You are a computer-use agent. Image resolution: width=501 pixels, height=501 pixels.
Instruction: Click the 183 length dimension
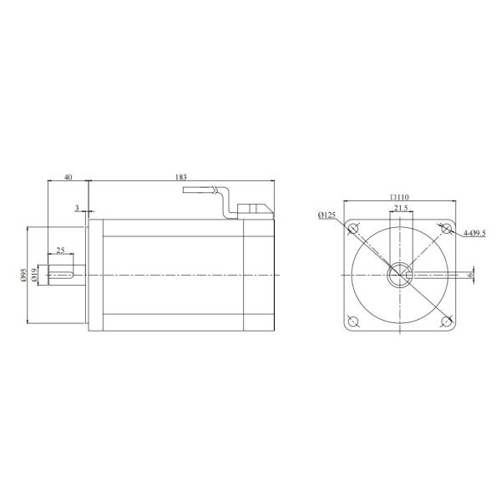click(x=181, y=176)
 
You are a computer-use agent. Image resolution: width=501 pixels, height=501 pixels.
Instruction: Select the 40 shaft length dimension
click(x=68, y=176)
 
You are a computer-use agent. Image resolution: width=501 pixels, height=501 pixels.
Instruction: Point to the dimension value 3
click(x=77, y=207)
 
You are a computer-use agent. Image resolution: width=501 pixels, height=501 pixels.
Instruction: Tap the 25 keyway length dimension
click(x=60, y=250)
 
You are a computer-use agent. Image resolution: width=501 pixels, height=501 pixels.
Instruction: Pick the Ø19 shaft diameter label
click(x=34, y=275)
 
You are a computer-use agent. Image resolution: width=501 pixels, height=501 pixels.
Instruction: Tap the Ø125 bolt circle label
click(x=327, y=215)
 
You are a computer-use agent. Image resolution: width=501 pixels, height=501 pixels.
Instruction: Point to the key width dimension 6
click(x=470, y=274)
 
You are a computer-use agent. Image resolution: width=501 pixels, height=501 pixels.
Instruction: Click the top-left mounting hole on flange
click(x=353, y=229)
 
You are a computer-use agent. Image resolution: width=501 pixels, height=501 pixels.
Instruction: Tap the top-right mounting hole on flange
click(x=446, y=229)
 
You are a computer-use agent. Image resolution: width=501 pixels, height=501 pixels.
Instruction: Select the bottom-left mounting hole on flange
click(x=353, y=321)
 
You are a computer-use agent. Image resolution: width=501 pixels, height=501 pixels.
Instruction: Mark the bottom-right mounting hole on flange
click(x=446, y=321)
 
